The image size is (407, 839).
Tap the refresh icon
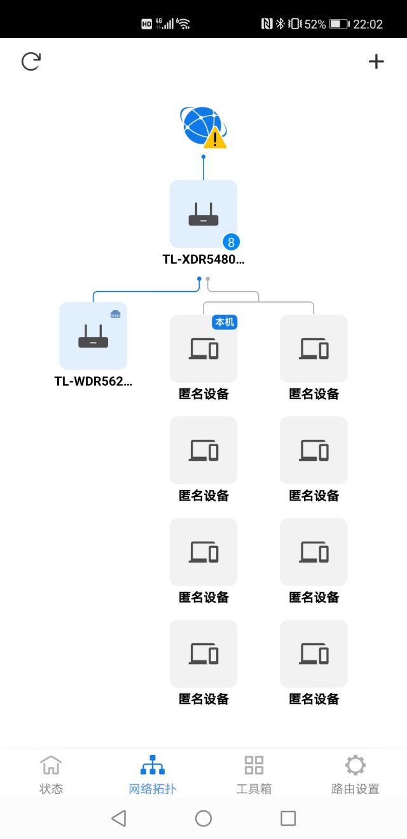31,61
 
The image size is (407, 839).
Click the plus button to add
376,61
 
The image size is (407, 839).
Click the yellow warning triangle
215,138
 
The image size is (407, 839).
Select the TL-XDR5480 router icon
203,214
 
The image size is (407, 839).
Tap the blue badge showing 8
231,242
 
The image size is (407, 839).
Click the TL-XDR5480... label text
203,259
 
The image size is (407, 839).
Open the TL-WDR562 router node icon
93,336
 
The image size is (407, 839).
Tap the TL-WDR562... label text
93,381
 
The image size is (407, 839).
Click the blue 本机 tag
224,322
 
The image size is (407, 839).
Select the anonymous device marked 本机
203,349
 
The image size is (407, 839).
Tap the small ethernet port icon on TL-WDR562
116,313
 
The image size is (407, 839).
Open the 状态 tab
51,775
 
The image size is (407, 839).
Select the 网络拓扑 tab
153,775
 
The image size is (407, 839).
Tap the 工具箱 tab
254,775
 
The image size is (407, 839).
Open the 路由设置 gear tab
355,775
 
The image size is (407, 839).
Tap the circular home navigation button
203,818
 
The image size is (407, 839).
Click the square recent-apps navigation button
288,818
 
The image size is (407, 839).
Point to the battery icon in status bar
339,24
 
